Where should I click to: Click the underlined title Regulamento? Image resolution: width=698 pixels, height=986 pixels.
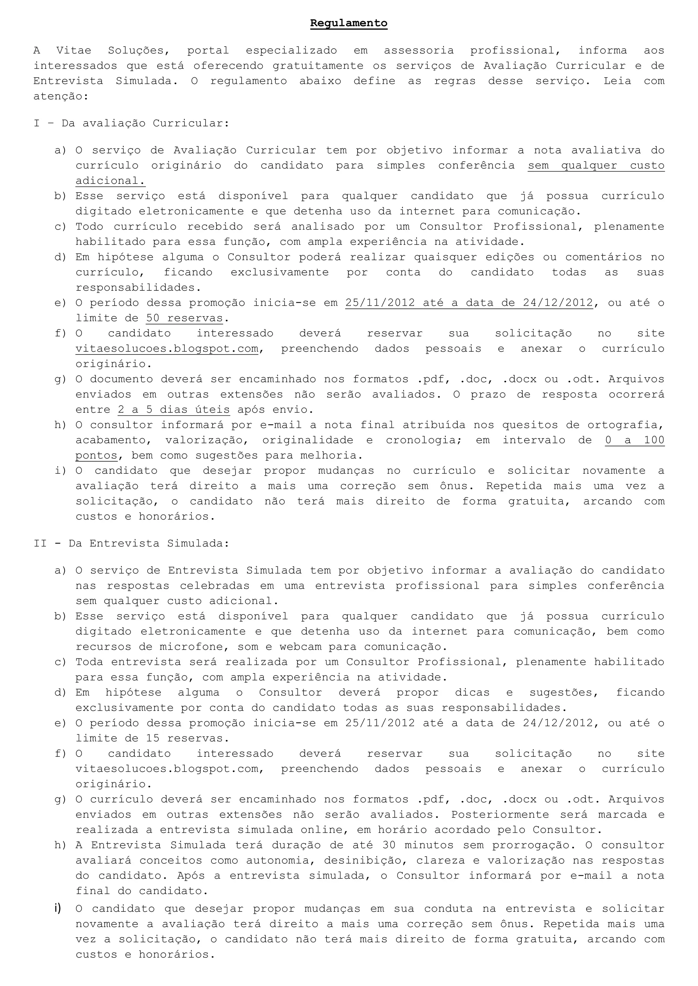click(x=349, y=23)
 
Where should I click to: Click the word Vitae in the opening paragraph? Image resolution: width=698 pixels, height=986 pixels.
click(x=74, y=51)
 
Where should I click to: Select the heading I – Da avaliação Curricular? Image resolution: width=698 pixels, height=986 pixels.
click(x=131, y=124)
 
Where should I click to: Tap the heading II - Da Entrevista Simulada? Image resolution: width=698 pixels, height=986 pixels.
click(x=131, y=544)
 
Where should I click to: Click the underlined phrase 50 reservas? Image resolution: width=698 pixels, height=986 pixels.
click(x=184, y=318)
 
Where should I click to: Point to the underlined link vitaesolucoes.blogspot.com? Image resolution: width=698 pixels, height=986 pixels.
click(x=167, y=349)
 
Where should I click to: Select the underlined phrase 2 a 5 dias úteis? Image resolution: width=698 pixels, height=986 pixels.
click(x=173, y=410)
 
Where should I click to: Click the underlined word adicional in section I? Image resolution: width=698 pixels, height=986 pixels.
click(x=110, y=181)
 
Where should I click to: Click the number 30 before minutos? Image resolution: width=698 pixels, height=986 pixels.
click(x=389, y=845)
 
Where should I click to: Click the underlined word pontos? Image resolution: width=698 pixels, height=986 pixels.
click(x=96, y=456)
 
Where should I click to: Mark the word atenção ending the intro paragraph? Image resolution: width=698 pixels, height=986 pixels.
click(x=60, y=96)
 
